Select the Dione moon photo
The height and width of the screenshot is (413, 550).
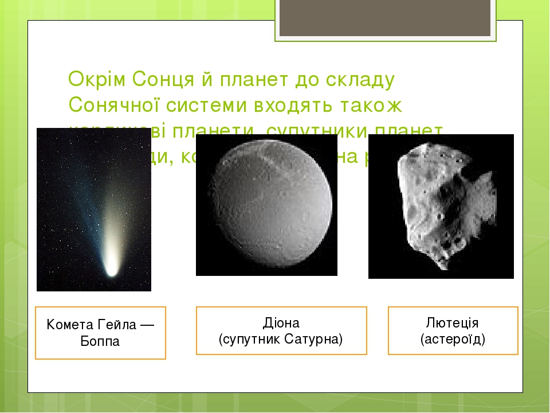click(x=266, y=205)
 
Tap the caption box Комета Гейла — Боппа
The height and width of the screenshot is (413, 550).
click(x=100, y=333)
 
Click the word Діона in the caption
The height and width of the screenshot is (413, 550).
click(x=281, y=322)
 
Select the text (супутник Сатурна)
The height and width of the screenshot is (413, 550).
click(x=281, y=339)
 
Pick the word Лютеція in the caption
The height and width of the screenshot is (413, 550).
click(x=453, y=322)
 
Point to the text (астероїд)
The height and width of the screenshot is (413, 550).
click(x=453, y=339)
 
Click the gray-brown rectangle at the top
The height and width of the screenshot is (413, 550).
click(x=385, y=17)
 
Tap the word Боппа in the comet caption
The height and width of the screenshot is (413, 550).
click(x=100, y=342)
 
